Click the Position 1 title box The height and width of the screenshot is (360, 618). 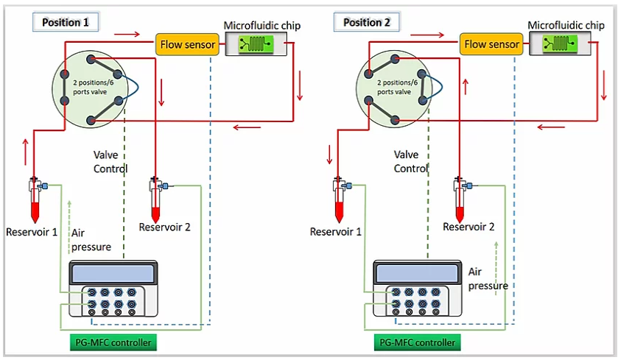coord(66,22)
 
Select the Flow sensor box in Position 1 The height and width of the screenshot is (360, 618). coord(187,44)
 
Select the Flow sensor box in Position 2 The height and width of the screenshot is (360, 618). coord(491,44)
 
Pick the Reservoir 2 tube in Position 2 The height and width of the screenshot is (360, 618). coord(460,200)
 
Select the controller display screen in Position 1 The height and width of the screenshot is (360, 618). coord(113,273)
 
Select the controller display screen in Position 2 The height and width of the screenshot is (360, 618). coord(416,273)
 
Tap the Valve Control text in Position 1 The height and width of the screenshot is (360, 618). coord(110,162)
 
